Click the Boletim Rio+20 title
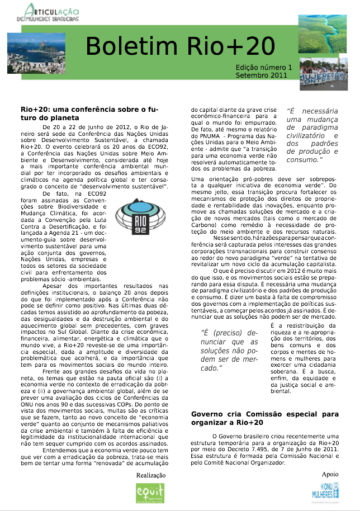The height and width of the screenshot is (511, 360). [181, 44]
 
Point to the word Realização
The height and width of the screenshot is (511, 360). [151, 475]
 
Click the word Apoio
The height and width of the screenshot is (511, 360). [330, 474]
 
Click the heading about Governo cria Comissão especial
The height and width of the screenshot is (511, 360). [265, 418]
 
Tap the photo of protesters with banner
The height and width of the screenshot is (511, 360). [323, 74]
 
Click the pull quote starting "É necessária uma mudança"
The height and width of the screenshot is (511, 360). [312, 135]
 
